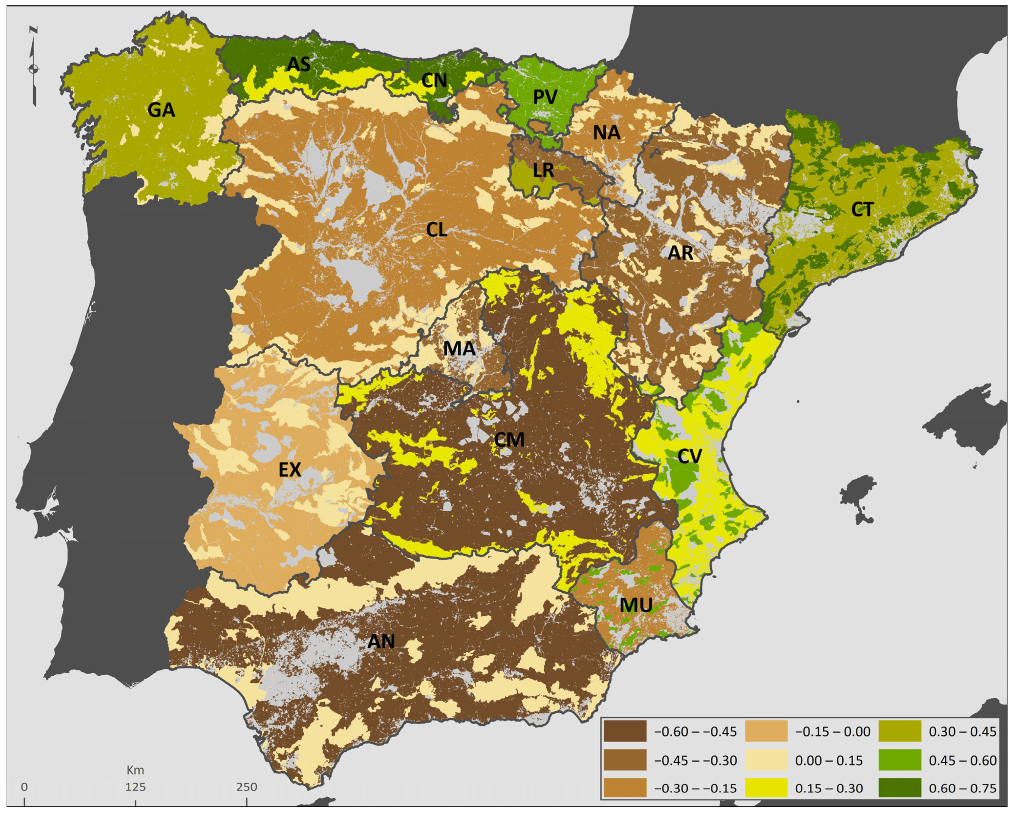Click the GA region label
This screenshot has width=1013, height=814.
(161, 110)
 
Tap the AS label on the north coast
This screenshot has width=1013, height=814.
(299, 64)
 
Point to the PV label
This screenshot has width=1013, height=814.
(545, 97)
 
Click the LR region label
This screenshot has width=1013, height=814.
(544, 170)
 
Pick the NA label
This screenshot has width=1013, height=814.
(606, 133)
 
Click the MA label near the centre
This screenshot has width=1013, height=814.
(459, 349)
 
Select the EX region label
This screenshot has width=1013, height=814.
(289, 470)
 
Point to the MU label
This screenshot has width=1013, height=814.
(636, 605)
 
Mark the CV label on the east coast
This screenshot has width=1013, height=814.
(689, 456)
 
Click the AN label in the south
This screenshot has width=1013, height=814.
(381, 641)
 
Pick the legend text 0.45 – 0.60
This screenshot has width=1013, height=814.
(962, 760)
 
